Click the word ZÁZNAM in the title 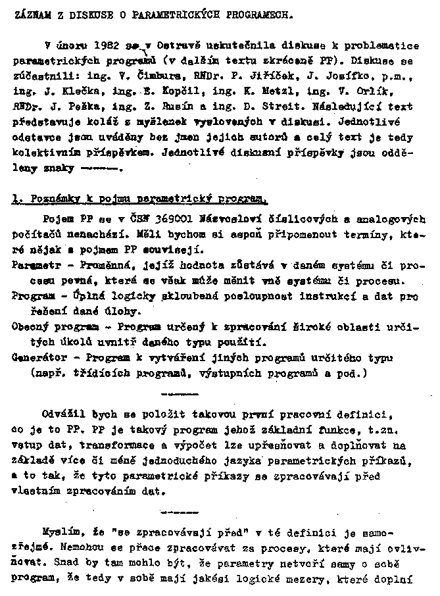click(x=30, y=13)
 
